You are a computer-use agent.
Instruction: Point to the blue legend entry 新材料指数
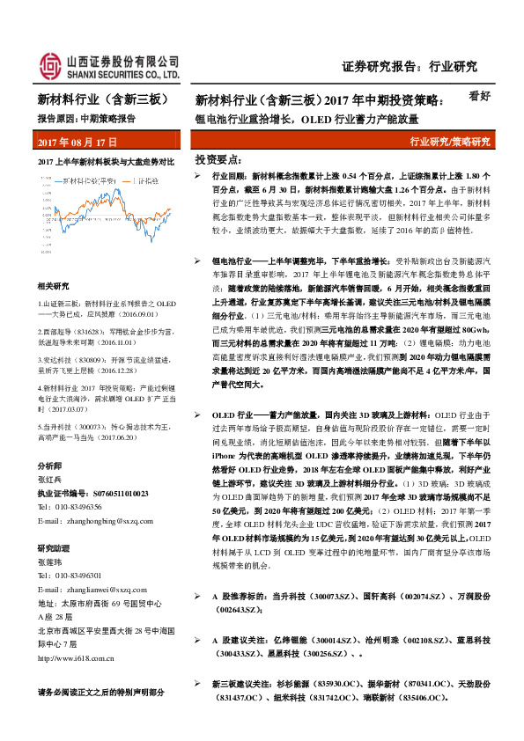(89, 180)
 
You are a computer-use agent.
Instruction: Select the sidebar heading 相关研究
(54, 287)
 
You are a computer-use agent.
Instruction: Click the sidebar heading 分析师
(49, 465)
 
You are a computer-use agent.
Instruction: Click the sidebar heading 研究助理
(54, 547)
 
